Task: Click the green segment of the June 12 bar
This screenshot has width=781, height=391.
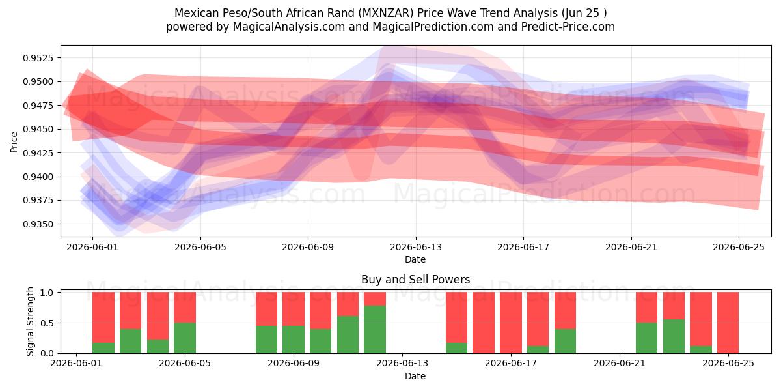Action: click(375, 329)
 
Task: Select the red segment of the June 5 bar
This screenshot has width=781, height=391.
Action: click(185, 307)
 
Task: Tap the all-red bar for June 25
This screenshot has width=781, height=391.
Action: click(728, 323)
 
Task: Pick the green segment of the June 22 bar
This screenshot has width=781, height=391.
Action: click(646, 338)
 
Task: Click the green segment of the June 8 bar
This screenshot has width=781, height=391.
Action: click(266, 340)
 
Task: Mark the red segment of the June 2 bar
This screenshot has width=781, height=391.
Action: click(103, 317)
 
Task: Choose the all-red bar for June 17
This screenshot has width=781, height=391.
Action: click(510, 323)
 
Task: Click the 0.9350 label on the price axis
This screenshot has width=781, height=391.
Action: click(38, 224)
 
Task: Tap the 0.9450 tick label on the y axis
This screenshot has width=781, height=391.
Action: click(38, 129)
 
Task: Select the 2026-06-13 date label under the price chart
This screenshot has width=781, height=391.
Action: click(416, 247)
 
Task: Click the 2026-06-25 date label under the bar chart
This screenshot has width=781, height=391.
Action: click(728, 364)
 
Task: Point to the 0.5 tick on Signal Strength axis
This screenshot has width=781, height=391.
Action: click(47, 323)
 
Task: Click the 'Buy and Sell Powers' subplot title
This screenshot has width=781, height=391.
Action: click(416, 280)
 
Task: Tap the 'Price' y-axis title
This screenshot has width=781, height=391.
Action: click(14, 142)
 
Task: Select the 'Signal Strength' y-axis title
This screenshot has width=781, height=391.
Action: click(30, 321)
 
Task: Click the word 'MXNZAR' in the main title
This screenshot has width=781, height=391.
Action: click(387, 13)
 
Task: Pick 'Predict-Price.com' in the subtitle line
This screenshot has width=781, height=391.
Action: click(568, 27)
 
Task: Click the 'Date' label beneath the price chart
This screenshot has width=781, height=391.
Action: click(415, 259)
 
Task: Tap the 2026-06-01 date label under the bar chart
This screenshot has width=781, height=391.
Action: click(76, 364)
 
